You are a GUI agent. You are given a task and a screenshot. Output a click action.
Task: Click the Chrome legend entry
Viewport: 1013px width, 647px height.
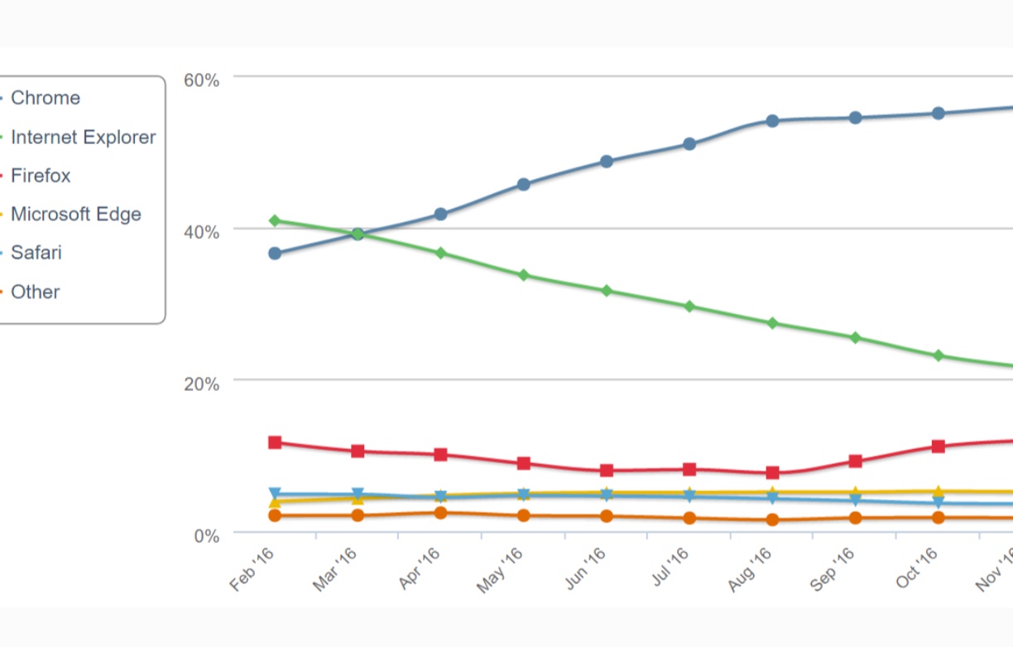point(46,98)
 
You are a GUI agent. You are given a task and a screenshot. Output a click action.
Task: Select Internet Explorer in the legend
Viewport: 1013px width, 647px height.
point(83,137)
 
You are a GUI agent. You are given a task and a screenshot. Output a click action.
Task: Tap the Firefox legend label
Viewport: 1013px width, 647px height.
point(41,176)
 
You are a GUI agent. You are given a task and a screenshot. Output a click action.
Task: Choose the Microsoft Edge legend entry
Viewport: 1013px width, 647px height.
point(75,214)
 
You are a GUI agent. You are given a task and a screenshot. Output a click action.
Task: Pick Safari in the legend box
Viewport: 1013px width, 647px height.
point(36,253)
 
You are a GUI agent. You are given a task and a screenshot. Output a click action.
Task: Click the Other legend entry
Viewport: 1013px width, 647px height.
point(35,292)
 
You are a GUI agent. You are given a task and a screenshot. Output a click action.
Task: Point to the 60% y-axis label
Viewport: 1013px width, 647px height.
point(201,80)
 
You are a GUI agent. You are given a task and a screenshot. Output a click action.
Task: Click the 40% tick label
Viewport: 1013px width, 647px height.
point(201,232)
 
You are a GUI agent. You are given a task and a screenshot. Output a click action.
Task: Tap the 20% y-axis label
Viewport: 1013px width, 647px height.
point(201,384)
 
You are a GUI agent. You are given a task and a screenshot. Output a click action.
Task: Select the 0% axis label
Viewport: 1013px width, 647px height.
point(206,536)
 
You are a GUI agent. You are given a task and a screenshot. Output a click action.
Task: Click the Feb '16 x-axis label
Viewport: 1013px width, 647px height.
point(253,570)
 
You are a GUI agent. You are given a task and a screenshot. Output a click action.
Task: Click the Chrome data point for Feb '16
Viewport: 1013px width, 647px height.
point(275,253)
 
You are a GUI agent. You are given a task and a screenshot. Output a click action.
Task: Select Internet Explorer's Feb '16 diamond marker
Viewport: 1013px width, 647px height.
point(275,220)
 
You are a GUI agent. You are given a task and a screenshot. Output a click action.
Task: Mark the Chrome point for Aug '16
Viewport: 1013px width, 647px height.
point(772,121)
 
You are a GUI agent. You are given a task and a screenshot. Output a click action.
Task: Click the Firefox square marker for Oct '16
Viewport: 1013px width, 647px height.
point(939,447)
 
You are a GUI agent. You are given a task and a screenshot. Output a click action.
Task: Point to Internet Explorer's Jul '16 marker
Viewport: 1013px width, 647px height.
point(689,307)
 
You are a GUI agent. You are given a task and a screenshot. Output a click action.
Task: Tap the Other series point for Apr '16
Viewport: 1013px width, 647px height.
point(440,513)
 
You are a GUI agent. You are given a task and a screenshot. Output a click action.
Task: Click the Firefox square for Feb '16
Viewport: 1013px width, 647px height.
point(275,442)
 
